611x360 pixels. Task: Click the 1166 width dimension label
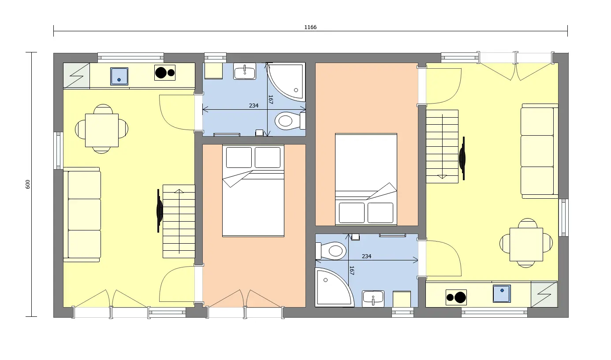coord(310,27)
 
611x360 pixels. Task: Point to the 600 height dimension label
coord(28,184)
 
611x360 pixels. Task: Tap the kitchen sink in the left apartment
coord(119,76)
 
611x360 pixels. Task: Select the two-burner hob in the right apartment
coord(456,297)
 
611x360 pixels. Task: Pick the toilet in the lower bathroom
coord(333,251)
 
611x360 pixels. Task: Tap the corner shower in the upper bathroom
coord(289,82)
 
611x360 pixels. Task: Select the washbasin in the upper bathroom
coord(245,72)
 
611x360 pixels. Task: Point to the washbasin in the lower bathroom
coord(373,298)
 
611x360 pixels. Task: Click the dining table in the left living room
coord(102,130)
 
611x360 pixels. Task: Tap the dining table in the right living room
coord(526,244)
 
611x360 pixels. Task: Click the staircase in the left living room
coord(179,221)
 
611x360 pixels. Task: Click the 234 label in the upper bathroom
coord(254,106)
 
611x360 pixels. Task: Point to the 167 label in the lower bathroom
coord(351,270)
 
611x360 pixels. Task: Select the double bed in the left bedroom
coord(253,191)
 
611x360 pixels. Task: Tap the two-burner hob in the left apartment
coord(165,73)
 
